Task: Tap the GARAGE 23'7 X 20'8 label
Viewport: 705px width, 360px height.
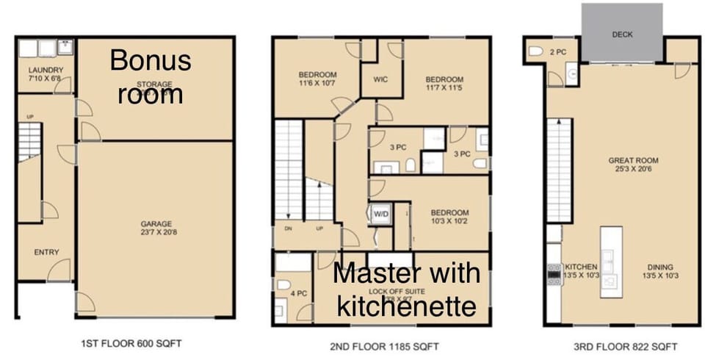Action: click(156, 228)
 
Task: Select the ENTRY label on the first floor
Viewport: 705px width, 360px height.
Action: click(46, 253)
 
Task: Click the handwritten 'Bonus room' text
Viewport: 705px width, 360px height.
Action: click(151, 76)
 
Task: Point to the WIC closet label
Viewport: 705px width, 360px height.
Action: click(380, 79)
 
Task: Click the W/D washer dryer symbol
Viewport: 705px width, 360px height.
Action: click(380, 214)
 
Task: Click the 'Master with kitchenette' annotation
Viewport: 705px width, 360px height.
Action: click(407, 289)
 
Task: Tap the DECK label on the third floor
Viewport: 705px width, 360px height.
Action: click(622, 35)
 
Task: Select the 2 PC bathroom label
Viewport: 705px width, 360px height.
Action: click(557, 51)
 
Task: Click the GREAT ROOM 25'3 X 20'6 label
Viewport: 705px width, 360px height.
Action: click(633, 165)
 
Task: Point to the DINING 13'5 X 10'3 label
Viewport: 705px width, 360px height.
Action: click(660, 272)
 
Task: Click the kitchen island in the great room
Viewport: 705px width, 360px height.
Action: click(611, 261)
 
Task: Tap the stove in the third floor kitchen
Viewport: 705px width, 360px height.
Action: click(553, 274)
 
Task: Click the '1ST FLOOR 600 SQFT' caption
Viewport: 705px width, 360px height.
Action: click(130, 343)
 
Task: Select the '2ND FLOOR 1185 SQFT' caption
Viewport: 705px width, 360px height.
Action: click(381, 345)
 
